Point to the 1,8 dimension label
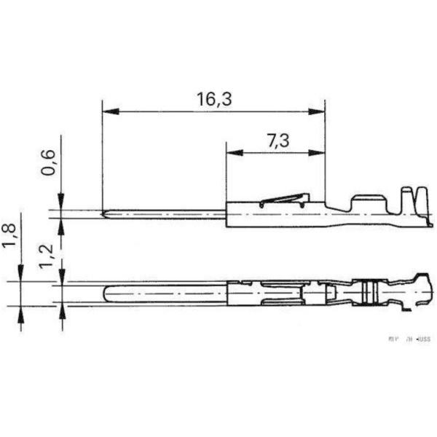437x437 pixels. coord(9,235)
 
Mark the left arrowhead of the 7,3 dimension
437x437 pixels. coord(232,153)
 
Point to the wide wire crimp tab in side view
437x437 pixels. coord(368,200)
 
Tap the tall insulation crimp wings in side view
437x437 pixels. coord(412,200)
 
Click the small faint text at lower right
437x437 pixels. coord(409,339)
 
